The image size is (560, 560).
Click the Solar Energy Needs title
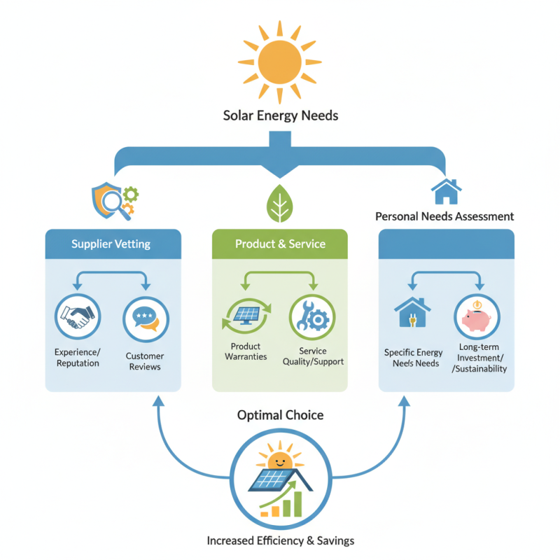tap(280, 115)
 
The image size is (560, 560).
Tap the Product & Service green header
tap(280, 244)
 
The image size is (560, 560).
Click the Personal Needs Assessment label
tap(444, 216)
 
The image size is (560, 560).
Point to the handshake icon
tap(78, 319)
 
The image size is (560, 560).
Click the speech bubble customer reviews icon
tap(146, 319)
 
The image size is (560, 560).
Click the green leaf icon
tap(280, 202)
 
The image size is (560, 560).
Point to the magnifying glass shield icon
tap(111, 198)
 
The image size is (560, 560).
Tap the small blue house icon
tap(446, 190)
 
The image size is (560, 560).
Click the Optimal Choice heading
tap(280, 415)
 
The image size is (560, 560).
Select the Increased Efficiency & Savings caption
tap(280, 540)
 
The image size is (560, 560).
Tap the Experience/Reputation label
tap(78, 358)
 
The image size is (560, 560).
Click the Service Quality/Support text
tap(312, 356)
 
